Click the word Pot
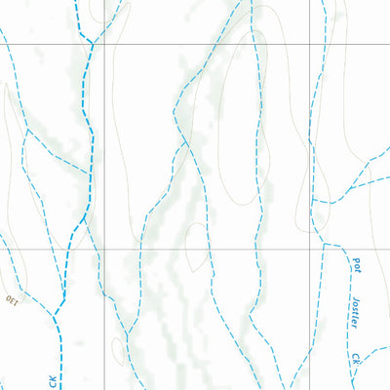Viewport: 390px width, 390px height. pyautogui.click(x=354, y=263)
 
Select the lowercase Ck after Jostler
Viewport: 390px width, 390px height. pyautogui.click(x=357, y=359)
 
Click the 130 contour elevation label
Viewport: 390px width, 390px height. pyautogui.click(x=12, y=299)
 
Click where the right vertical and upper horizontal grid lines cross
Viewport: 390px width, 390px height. pyautogui.click(x=311, y=44)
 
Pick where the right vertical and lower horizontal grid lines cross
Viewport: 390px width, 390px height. pyautogui.click(x=311, y=249)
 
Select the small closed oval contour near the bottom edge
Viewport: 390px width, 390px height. pyautogui.click(x=119, y=348)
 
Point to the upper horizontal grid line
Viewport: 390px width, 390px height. pyautogui.click(x=195, y=44)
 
